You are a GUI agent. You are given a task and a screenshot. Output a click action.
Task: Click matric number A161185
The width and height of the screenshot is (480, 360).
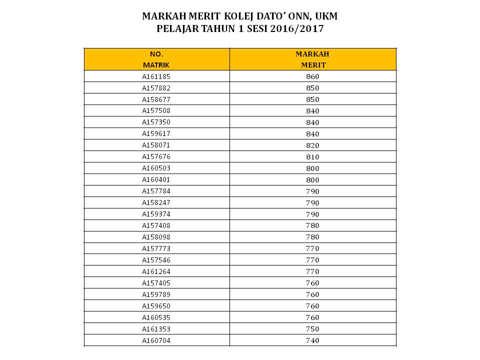(156, 76)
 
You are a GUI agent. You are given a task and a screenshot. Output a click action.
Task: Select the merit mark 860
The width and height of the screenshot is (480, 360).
(312, 76)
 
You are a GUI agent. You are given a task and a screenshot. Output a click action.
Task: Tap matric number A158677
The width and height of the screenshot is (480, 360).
(156, 99)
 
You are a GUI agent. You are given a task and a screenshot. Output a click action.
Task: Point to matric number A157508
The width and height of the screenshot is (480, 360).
(156, 111)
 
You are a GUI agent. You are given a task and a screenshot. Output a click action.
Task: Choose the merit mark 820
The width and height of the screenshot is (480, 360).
(312, 145)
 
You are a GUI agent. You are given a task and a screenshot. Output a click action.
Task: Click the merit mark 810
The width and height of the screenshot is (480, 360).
(312, 157)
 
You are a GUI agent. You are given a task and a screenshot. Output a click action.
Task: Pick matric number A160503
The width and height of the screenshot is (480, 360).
(156, 168)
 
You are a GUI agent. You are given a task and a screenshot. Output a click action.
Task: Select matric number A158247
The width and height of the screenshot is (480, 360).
(156, 203)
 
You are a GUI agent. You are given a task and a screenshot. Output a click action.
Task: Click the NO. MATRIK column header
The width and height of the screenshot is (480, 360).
(156, 59)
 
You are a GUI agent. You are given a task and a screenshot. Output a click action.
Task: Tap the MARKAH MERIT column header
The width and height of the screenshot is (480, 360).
(312, 59)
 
